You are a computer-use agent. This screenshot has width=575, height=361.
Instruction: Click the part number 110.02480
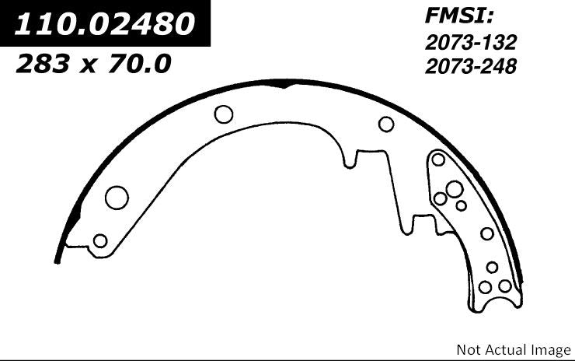pos(106,25)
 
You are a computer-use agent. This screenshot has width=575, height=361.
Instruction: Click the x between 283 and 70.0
pos(87,65)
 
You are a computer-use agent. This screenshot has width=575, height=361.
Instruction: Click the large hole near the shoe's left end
pos(117,197)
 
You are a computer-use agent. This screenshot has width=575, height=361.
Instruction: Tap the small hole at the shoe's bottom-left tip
pos(99,240)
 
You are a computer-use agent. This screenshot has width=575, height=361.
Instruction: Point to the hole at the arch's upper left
pos(224,115)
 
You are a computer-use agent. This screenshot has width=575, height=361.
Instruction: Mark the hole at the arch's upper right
pos(386,124)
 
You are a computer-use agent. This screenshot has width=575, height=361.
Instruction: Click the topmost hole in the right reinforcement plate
pos(438,160)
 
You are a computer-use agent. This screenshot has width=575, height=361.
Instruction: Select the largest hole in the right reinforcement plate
pos(454,188)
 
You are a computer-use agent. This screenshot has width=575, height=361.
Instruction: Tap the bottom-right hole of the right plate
pos(505,286)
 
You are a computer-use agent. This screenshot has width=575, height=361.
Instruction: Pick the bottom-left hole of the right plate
pos(485,286)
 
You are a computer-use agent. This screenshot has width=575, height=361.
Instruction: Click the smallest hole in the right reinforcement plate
pos(461,205)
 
